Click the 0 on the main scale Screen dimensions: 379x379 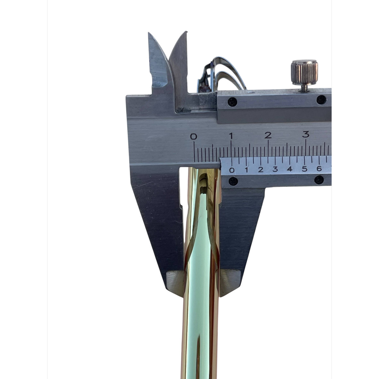[194, 136]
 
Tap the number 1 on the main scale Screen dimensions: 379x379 [231, 135]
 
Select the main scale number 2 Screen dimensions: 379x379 [268, 135]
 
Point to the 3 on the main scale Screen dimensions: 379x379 [305, 134]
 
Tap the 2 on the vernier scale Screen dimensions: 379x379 [261, 170]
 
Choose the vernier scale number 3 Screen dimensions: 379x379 [275, 169]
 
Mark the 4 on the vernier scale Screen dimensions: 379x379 [290, 169]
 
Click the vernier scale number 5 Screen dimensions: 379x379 [304, 169]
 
